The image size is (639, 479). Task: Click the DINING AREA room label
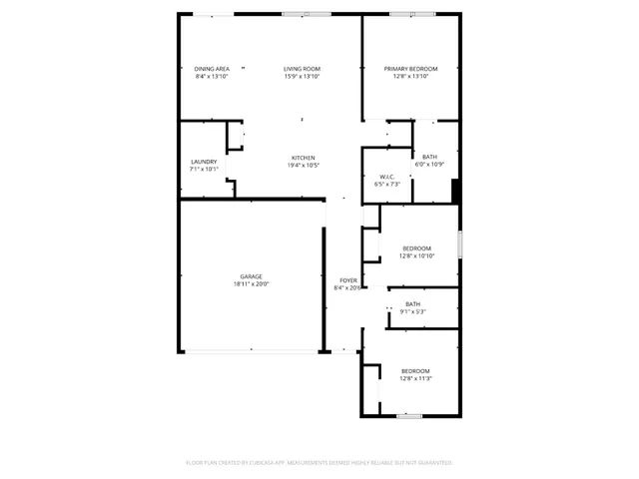[x=212, y=69]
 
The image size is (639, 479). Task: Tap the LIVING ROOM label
[x=303, y=69]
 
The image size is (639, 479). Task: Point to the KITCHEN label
[x=303, y=158]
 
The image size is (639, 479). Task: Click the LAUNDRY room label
[x=204, y=162]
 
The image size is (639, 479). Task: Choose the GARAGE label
[x=251, y=276]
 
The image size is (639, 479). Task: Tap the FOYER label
[x=347, y=280]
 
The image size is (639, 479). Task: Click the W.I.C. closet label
[x=386, y=177]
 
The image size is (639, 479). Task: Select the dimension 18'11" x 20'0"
[x=251, y=284]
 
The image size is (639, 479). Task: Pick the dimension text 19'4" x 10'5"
[x=303, y=166]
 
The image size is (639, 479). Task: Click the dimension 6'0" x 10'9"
[x=429, y=165]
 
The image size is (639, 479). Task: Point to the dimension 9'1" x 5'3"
[x=412, y=311]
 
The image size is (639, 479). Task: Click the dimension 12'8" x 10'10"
[x=416, y=255]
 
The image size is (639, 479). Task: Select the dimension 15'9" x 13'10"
[x=303, y=77]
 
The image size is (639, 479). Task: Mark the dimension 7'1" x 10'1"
[x=204, y=170]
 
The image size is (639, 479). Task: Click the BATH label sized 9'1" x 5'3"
[x=412, y=303]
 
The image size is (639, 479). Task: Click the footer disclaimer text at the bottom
[x=319, y=462]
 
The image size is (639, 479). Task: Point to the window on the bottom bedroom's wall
[x=407, y=415]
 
